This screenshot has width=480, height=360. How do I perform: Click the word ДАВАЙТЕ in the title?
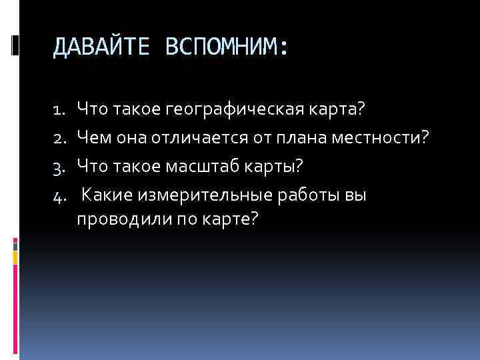tap(93, 47)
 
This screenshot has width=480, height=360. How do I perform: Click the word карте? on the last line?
tap(224, 221)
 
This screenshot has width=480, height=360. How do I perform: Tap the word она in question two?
tap(131, 137)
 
